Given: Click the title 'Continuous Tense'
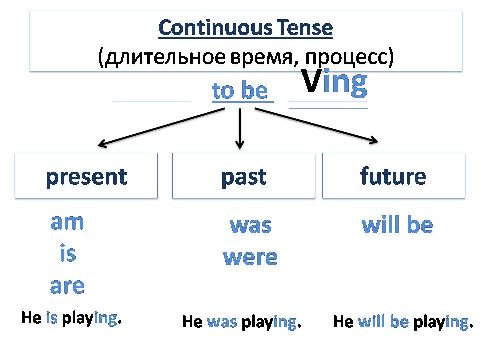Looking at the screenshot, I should point(245,28).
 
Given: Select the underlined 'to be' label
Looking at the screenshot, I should point(240,91).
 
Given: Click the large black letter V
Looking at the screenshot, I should point(311,83).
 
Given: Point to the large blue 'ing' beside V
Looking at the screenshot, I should point(345,83).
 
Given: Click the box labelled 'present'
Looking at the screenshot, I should point(86,176).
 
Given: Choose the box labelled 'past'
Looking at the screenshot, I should point(244,176).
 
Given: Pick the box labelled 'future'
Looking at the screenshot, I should point(393,176).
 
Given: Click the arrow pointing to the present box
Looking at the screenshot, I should point(160,128).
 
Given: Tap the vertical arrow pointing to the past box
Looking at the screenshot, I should point(240,129).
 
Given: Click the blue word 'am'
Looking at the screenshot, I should point(67,223).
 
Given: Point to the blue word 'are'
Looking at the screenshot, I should point(67,286).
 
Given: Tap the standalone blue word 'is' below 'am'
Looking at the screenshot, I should point(67,254).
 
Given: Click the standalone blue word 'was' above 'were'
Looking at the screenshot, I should point(250,226).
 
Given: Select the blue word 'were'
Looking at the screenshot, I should point(250,258).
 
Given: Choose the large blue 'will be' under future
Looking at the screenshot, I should point(397,226).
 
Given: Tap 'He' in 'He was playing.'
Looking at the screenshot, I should point(192,322).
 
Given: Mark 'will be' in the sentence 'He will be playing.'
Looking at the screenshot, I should point(383,322).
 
